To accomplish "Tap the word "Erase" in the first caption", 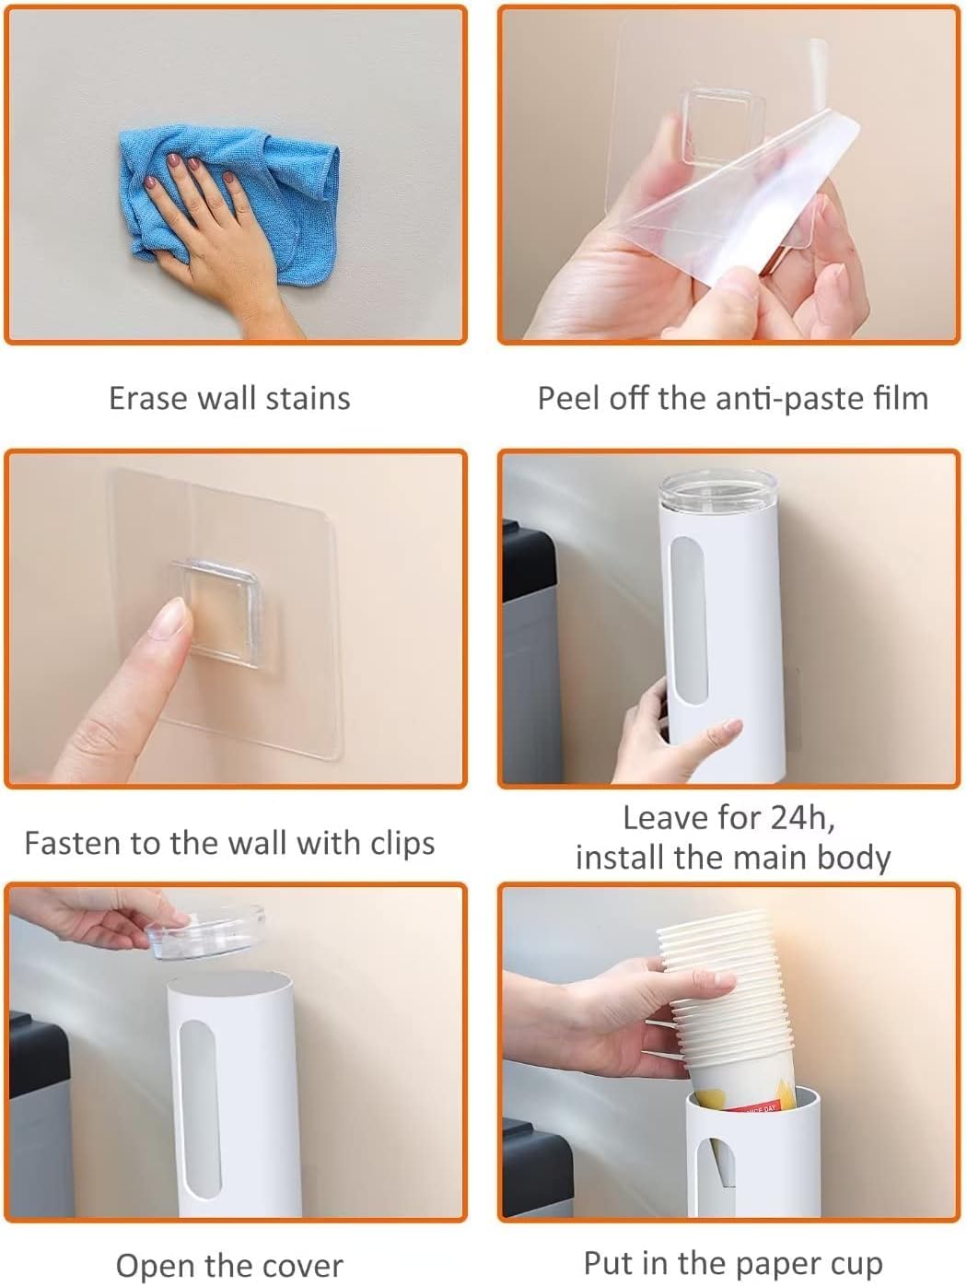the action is point(149,398).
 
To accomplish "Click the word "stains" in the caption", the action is point(308,398).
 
